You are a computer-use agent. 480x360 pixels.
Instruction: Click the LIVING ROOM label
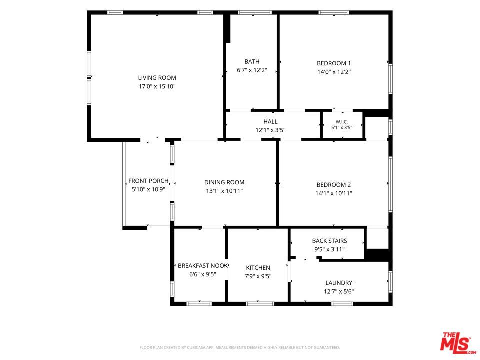[157, 78]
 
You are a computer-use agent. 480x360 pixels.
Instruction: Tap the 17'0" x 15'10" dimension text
[157, 86]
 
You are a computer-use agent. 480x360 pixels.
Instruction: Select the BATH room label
[252, 62]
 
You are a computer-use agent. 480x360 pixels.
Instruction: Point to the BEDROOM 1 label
[334, 63]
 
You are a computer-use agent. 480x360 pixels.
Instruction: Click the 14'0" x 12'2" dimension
[334, 72]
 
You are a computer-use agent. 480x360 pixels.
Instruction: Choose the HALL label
[270, 122]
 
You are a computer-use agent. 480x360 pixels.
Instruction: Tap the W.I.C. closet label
[342, 122]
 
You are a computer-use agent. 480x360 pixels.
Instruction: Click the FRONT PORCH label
[148, 181]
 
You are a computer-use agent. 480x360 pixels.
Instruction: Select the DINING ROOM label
[224, 183]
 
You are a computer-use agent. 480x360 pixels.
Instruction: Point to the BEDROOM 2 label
[333, 185]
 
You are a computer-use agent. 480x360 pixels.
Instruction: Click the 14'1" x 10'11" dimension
[333, 194]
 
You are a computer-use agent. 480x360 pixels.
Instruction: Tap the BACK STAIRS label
[329, 241]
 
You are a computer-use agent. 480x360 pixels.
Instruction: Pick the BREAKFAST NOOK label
[203, 266]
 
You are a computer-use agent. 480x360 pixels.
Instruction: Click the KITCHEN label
[258, 268]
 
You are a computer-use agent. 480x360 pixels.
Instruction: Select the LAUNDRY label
[339, 283]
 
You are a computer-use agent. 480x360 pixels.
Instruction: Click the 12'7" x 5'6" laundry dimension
[339, 291]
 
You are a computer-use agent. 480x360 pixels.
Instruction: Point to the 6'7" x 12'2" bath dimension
[252, 70]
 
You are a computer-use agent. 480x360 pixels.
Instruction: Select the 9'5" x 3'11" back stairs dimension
[329, 250]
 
